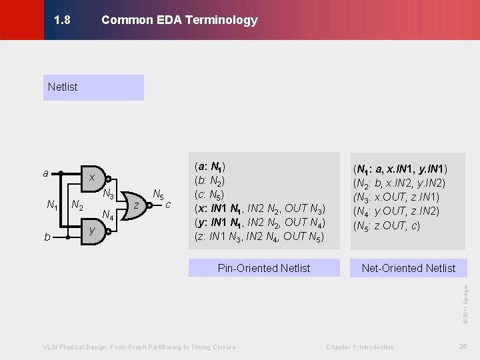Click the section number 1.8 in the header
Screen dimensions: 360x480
62,20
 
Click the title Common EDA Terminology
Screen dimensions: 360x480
179,20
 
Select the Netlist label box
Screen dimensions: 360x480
93,87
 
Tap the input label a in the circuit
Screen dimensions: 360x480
45,174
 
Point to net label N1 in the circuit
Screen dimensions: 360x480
52,205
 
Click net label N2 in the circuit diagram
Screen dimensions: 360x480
77,205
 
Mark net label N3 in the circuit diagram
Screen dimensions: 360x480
108,195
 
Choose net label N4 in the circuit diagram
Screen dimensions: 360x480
108,215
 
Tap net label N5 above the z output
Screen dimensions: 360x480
159,195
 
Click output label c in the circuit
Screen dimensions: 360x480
169,204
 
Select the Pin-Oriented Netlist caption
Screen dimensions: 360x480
264,268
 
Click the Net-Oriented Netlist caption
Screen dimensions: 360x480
408,268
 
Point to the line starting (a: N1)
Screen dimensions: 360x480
209,167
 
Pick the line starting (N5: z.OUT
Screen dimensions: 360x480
386,225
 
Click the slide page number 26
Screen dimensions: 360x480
463,347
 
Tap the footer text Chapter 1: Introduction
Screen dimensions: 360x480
360,347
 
